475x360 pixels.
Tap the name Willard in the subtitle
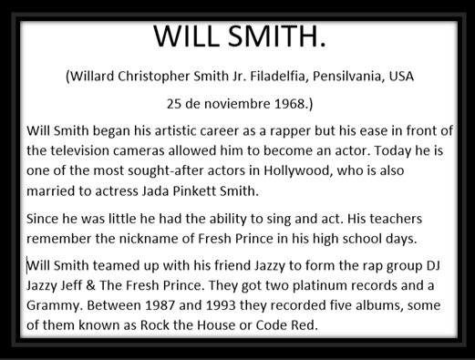[96, 77]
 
